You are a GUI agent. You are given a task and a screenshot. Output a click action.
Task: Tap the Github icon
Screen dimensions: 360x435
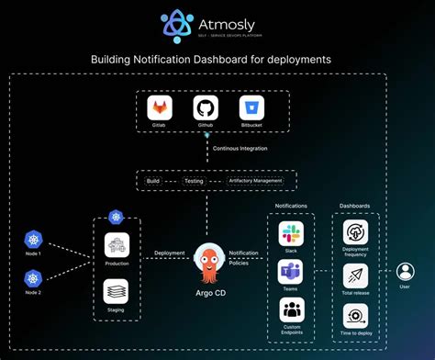(206, 108)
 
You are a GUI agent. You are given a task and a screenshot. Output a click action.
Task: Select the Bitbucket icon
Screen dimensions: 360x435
(251, 108)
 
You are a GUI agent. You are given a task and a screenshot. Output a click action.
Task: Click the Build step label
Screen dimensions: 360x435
(152, 181)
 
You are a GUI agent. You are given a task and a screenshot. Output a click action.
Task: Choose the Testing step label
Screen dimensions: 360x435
(194, 181)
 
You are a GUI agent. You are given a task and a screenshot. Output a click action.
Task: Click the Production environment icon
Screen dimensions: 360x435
(117, 245)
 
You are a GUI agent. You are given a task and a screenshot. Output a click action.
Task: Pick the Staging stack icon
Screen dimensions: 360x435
(117, 291)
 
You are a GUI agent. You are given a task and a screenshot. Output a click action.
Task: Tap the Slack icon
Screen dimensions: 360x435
(290, 233)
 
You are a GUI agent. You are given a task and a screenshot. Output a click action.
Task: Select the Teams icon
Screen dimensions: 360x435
(290, 272)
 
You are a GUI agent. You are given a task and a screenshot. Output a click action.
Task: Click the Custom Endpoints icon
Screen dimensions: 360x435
(290, 309)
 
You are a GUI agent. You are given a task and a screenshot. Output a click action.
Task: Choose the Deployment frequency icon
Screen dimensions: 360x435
(354, 232)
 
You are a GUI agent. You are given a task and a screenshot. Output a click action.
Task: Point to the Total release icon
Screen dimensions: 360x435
(354, 275)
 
